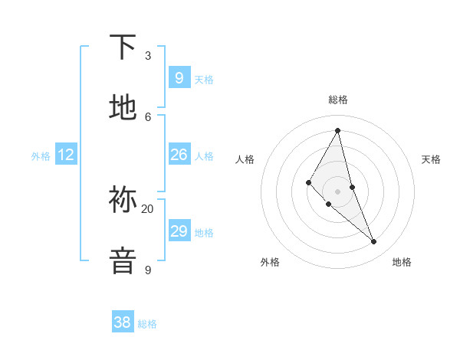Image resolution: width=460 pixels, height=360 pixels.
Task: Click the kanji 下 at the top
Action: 123,47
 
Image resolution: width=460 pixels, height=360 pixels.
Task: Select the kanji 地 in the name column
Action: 123,108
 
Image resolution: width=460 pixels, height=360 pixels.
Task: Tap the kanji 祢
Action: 123,201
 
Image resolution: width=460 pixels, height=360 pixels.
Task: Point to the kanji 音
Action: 123,260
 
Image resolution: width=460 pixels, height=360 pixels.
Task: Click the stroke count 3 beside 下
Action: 148,56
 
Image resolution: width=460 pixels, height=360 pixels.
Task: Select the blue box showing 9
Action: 179,77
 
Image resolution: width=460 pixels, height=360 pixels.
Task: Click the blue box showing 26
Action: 179,155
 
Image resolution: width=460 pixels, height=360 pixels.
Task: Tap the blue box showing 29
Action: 179,231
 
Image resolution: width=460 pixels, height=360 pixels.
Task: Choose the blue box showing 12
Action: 66,155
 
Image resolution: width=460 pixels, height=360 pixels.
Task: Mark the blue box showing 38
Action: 123,322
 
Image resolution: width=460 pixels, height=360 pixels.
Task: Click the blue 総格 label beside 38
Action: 147,324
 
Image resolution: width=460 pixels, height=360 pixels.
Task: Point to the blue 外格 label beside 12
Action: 41,156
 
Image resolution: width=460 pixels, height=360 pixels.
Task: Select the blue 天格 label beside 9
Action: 204,79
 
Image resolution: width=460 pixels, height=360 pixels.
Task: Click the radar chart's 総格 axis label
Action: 338,100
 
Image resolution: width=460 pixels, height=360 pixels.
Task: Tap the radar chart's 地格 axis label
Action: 402,262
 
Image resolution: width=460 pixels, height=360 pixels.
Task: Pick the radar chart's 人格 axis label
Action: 245,159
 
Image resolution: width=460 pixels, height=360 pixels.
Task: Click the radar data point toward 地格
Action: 374,242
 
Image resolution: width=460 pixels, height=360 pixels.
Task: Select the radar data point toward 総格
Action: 338,129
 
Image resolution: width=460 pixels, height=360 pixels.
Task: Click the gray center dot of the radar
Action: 338,191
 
